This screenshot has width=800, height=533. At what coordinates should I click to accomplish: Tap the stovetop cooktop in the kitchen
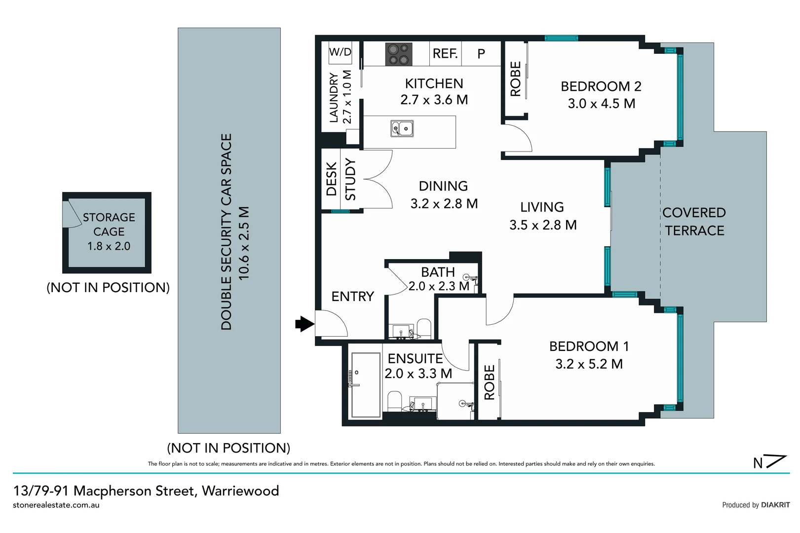pyautogui.click(x=399, y=54)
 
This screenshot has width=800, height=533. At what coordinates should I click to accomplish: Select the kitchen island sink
pyautogui.click(x=402, y=129)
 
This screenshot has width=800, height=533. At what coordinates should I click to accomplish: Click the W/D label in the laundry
pyautogui.click(x=340, y=52)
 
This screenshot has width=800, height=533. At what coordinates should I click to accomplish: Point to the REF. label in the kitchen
pyautogui.click(x=445, y=54)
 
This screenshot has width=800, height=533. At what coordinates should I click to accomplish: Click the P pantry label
pyautogui.click(x=481, y=54)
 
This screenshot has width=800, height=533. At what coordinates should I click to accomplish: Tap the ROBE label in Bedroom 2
pyautogui.click(x=515, y=79)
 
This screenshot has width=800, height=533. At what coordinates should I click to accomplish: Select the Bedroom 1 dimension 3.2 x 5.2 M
pyautogui.click(x=589, y=364)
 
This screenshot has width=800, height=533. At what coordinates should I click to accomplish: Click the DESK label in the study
pyautogui.click(x=331, y=179)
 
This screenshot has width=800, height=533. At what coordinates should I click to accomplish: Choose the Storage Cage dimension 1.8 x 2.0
pyautogui.click(x=109, y=246)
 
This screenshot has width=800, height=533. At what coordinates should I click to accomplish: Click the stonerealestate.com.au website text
pyautogui.click(x=56, y=505)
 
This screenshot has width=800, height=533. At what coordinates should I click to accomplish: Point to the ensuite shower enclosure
pyautogui.click(x=365, y=385)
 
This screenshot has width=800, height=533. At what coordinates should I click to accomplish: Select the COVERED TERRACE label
pyautogui.click(x=694, y=222)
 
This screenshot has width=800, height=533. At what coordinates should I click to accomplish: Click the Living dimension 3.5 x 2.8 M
pyautogui.click(x=543, y=225)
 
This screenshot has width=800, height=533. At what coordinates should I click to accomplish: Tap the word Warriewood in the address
pyautogui.click(x=240, y=491)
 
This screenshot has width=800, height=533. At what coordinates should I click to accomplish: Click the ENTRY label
pyautogui.click(x=352, y=296)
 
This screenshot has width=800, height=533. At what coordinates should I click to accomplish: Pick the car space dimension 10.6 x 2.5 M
pyautogui.click(x=244, y=243)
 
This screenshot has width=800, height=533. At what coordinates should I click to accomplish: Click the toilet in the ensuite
pyautogui.click(x=395, y=401)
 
